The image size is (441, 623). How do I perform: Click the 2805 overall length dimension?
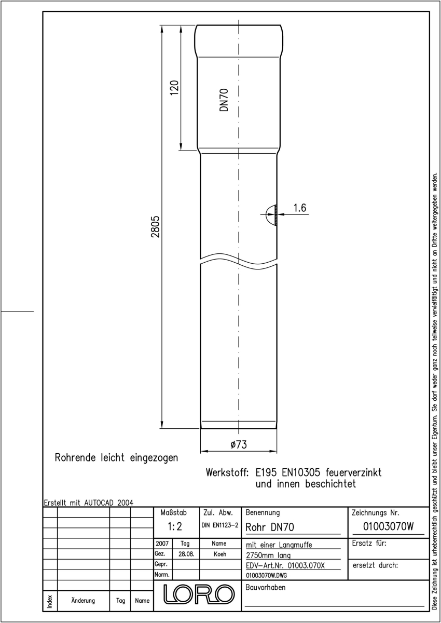point(155,227)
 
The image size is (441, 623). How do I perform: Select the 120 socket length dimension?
point(174,88)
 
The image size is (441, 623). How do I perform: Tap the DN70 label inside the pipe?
point(224,100)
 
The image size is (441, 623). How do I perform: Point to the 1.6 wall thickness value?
point(300,208)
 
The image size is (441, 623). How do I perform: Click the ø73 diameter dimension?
point(239,444)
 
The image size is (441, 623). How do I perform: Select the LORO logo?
point(199,594)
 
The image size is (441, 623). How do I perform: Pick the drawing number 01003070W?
point(388,526)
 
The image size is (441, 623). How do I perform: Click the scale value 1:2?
point(175,526)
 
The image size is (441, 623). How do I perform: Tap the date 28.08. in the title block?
point(186,554)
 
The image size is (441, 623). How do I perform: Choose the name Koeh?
point(220,554)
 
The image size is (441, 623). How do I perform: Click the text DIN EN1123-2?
point(220,525)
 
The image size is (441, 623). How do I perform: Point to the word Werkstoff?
point(227,472)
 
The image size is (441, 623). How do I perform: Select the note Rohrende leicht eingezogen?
point(116,458)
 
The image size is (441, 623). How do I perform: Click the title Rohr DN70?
point(270,527)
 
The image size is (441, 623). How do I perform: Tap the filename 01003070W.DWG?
point(267,575)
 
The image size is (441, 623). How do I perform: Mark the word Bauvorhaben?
point(265,588)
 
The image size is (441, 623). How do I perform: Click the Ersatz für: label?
point(369,543)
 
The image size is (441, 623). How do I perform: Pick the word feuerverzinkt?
point(353,472)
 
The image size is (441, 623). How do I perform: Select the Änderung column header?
point(83,601)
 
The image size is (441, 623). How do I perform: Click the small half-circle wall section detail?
point(271,215)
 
